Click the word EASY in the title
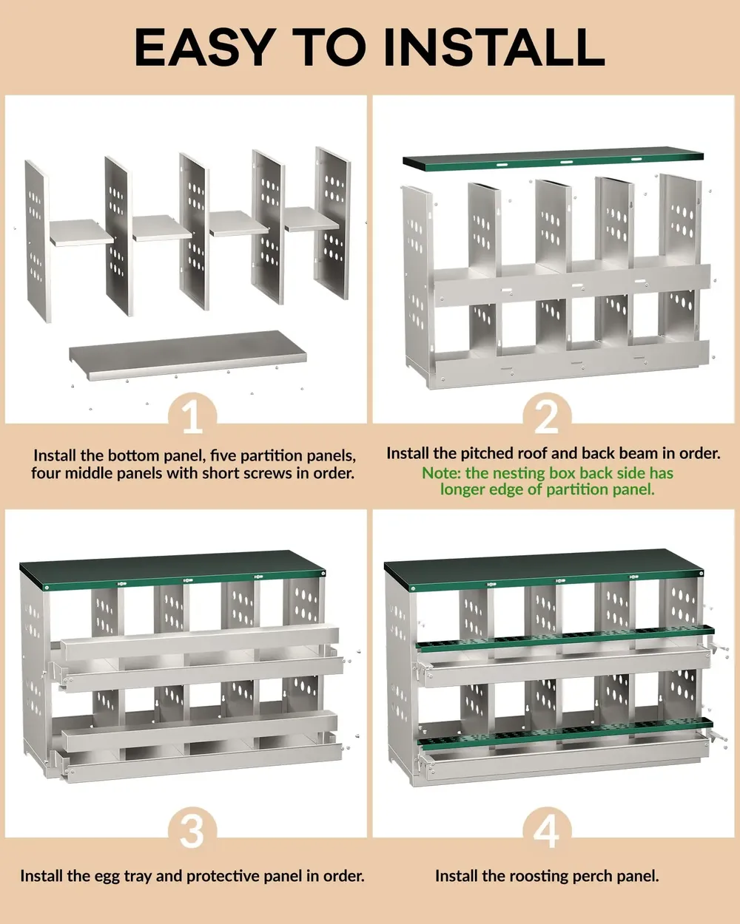coord(203,47)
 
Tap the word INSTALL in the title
coord(494,47)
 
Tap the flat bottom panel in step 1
coord(188,355)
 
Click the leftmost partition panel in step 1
coord(37,240)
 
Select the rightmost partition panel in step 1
coord(332,223)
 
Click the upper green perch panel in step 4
coord(565,637)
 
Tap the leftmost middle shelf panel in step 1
coord(81,232)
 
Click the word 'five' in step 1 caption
coord(224,455)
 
